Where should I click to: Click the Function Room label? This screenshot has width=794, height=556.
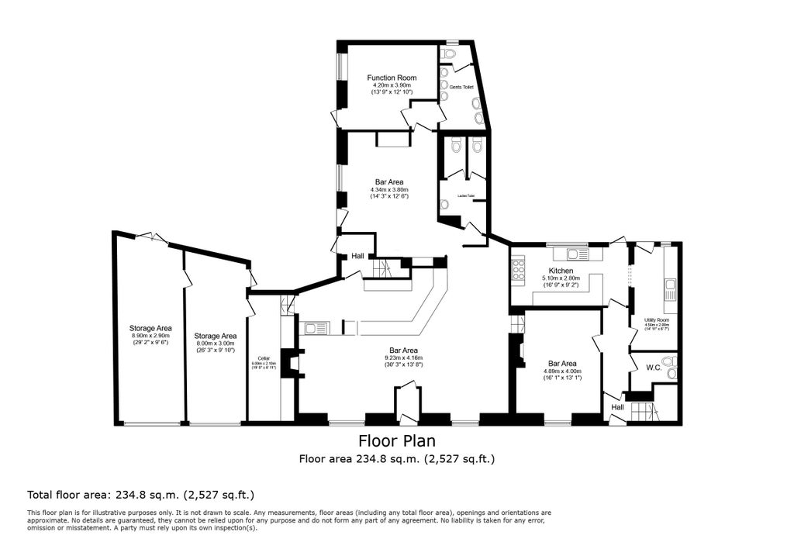tap(392, 78)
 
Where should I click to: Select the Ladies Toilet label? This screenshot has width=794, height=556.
tap(466, 196)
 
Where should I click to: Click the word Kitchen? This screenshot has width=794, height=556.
tap(560, 271)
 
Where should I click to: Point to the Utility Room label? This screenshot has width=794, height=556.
tap(656, 319)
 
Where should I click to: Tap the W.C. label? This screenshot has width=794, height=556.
tap(653, 368)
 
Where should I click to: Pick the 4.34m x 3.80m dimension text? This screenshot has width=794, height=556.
tap(389, 190)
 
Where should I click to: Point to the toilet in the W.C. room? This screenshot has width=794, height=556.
tap(671, 372)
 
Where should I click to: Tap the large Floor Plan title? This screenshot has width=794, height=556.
tap(396, 440)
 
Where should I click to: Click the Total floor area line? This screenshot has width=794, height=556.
tap(141, 494)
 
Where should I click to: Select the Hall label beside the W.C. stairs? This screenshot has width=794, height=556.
tap(617, 407)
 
